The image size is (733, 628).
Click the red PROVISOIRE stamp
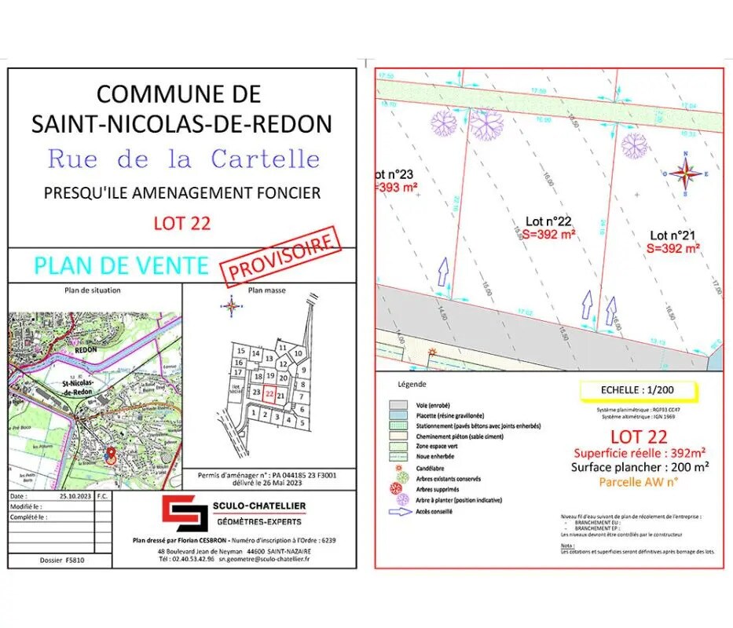(282, 257)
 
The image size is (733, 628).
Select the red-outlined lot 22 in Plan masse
(269, 395)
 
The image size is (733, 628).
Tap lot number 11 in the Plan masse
(281, 346)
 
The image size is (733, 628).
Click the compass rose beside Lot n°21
(686, 173)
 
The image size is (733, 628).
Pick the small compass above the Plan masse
(232, 306)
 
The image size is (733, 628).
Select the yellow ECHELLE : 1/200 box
(625, 389)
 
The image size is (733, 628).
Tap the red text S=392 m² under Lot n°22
(549, 234)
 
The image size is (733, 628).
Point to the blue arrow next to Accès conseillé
(399, 512)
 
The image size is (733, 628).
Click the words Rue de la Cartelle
(183, 159)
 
